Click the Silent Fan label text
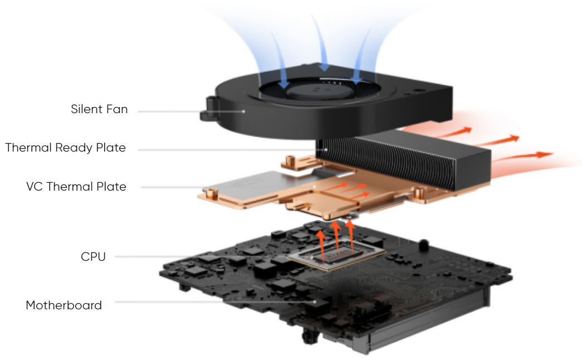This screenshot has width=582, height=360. [x=99, y=109]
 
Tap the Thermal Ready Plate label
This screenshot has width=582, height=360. [x=65, y=148]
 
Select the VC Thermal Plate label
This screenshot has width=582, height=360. [x=76, y=187]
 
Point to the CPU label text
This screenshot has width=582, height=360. [x=93, y=257]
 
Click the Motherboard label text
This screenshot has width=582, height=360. [x=63, y=305]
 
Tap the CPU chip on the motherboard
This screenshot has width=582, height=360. [x=336, y=255]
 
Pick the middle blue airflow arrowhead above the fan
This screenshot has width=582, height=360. [x=325, y=67]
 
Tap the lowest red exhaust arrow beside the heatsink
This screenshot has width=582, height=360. [x=524, y=157]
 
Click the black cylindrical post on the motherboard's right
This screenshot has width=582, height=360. [x=423, y=245]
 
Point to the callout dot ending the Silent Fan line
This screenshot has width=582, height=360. [x=244, y=111]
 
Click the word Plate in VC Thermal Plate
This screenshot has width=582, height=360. [x=111, y=187]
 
